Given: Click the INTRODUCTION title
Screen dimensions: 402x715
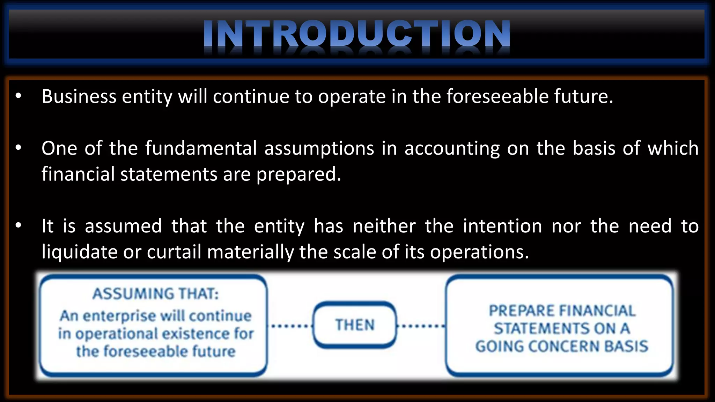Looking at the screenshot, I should click(357, 33).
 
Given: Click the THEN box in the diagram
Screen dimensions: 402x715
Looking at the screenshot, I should click(355, 325).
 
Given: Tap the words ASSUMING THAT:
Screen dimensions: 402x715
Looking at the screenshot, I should click(156, 294).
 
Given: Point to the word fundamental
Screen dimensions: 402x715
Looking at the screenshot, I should click(201, 148).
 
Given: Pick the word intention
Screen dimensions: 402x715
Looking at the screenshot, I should click(502, 226).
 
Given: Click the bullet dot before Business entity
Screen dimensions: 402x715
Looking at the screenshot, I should click(19, 96).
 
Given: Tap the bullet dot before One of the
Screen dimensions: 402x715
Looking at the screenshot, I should click(19, 148).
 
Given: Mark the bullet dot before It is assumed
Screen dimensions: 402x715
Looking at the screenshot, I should click(19, 226).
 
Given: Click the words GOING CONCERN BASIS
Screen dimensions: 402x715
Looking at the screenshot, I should click(561, 347).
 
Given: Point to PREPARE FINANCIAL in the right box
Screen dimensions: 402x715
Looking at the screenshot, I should click(561, 311).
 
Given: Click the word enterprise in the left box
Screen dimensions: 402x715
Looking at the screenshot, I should click(119, 316).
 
